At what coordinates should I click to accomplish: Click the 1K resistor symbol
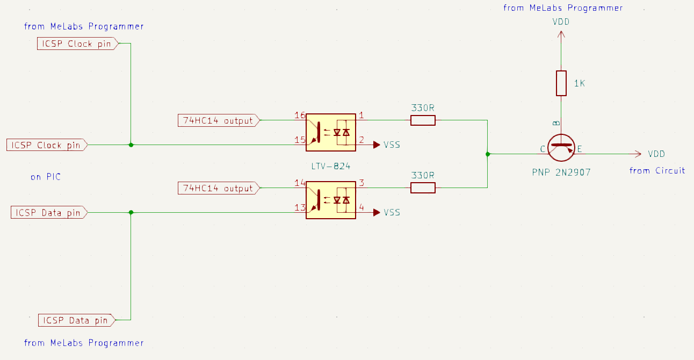click(561, 83)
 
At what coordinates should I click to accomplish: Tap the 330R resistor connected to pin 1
click(423, 120)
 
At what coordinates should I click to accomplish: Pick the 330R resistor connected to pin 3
click(423, 188)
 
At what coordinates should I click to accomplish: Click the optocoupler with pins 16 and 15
click(330, 130)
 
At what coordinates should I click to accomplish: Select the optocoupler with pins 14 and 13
click(330, 200)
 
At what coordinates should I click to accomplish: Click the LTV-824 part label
click(330, 167)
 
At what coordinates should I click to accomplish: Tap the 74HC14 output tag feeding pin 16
click(218, 120)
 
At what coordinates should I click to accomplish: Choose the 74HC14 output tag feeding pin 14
click(218, 188)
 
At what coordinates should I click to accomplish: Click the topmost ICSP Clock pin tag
click(76, 44)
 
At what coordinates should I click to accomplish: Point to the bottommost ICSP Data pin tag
click(76, 320)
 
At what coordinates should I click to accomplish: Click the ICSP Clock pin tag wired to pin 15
click(46, 145)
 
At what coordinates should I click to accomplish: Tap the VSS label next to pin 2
click(392, 145)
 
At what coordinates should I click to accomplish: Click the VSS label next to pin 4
click(392, 212)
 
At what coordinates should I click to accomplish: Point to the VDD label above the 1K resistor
click(561, 22)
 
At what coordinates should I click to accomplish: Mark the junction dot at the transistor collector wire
click(487, 154)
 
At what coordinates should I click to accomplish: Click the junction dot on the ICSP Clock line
click(131, 145)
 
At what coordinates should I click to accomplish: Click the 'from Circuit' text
click(657, 171)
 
